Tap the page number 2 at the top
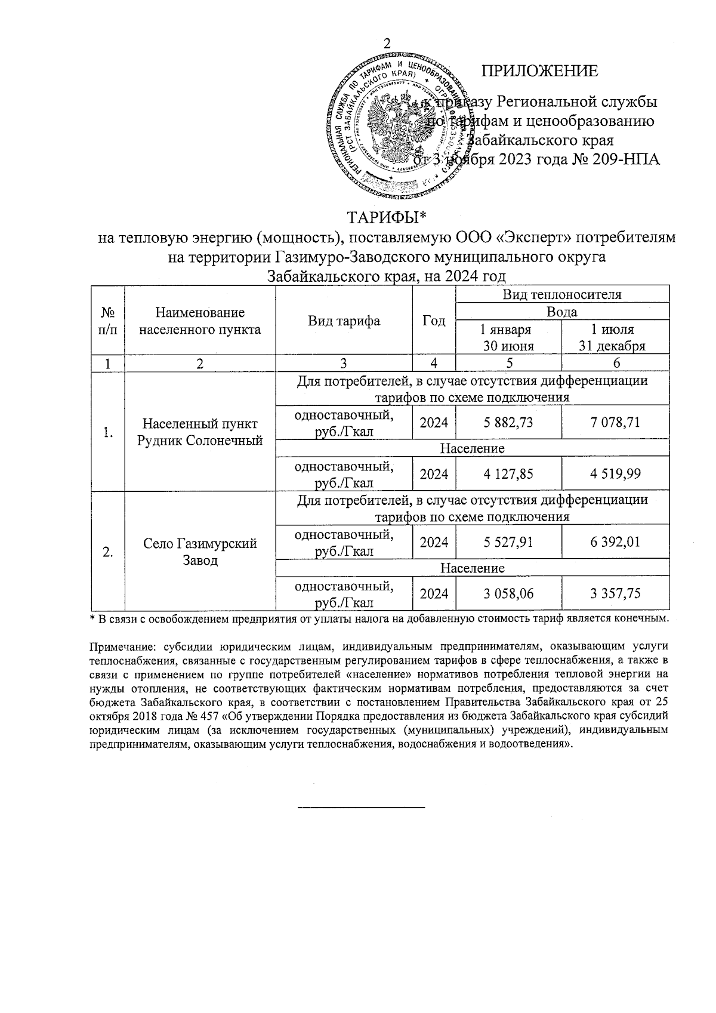(387, 44)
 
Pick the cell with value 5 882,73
(508, 423)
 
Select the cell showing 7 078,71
(615, 423)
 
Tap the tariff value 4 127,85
(508, 474)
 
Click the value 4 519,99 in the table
(615, 474)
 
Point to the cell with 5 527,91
(508, 543)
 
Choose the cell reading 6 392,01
(615, 543)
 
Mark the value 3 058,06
(508, 594)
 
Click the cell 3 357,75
(615, 594)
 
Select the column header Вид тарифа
(344, 321)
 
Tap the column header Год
(434, 321)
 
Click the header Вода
(561, 312)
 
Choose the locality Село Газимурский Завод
(200, 552)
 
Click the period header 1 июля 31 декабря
(615, 338)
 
